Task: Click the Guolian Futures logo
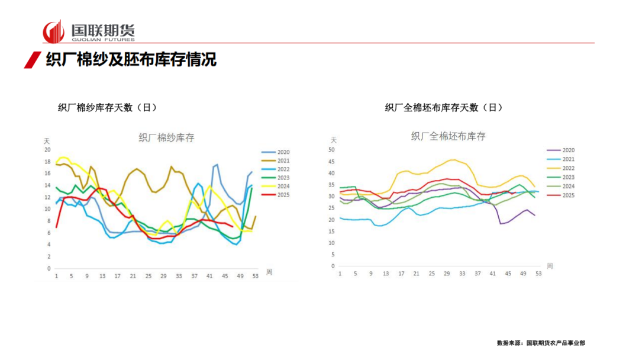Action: point(89,31)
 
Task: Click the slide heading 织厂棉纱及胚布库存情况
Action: point(131,60)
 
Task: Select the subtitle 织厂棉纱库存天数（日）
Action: point(107,107)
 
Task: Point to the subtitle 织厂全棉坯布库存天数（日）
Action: point(444,107)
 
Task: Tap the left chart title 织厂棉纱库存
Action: point(166,138)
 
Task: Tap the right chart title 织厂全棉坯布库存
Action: point(448,136)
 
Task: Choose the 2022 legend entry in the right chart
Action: point(561,168)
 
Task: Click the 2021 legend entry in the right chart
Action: point(561,159)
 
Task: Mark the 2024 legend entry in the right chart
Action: point(561,186)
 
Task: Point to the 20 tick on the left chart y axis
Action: point(47,150)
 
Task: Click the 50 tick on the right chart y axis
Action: point(331,149)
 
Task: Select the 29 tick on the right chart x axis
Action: point(447,273)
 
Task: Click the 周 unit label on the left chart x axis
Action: point(269,272)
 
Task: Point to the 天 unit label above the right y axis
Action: point(333,140)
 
